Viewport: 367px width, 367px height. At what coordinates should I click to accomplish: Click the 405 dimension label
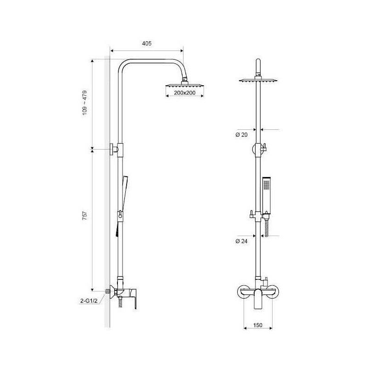tap(147, 43)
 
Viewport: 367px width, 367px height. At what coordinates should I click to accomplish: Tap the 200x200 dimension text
tap(185, 93)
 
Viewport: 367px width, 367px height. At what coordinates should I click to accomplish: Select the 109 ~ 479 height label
tap(84, 103)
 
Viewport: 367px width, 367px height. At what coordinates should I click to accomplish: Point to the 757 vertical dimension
tap(84, 216)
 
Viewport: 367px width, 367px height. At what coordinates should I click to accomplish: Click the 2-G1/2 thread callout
tap(89, 301)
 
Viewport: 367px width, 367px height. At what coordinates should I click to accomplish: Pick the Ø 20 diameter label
tap(241, 134)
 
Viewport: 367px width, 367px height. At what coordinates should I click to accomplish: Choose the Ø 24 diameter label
tap(241, 241)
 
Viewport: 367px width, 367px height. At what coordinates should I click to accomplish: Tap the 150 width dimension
tap(258, 325)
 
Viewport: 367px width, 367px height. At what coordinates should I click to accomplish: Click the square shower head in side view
tap(185, 85)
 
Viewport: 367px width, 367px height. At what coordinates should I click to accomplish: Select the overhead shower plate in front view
tap(258, 81)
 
